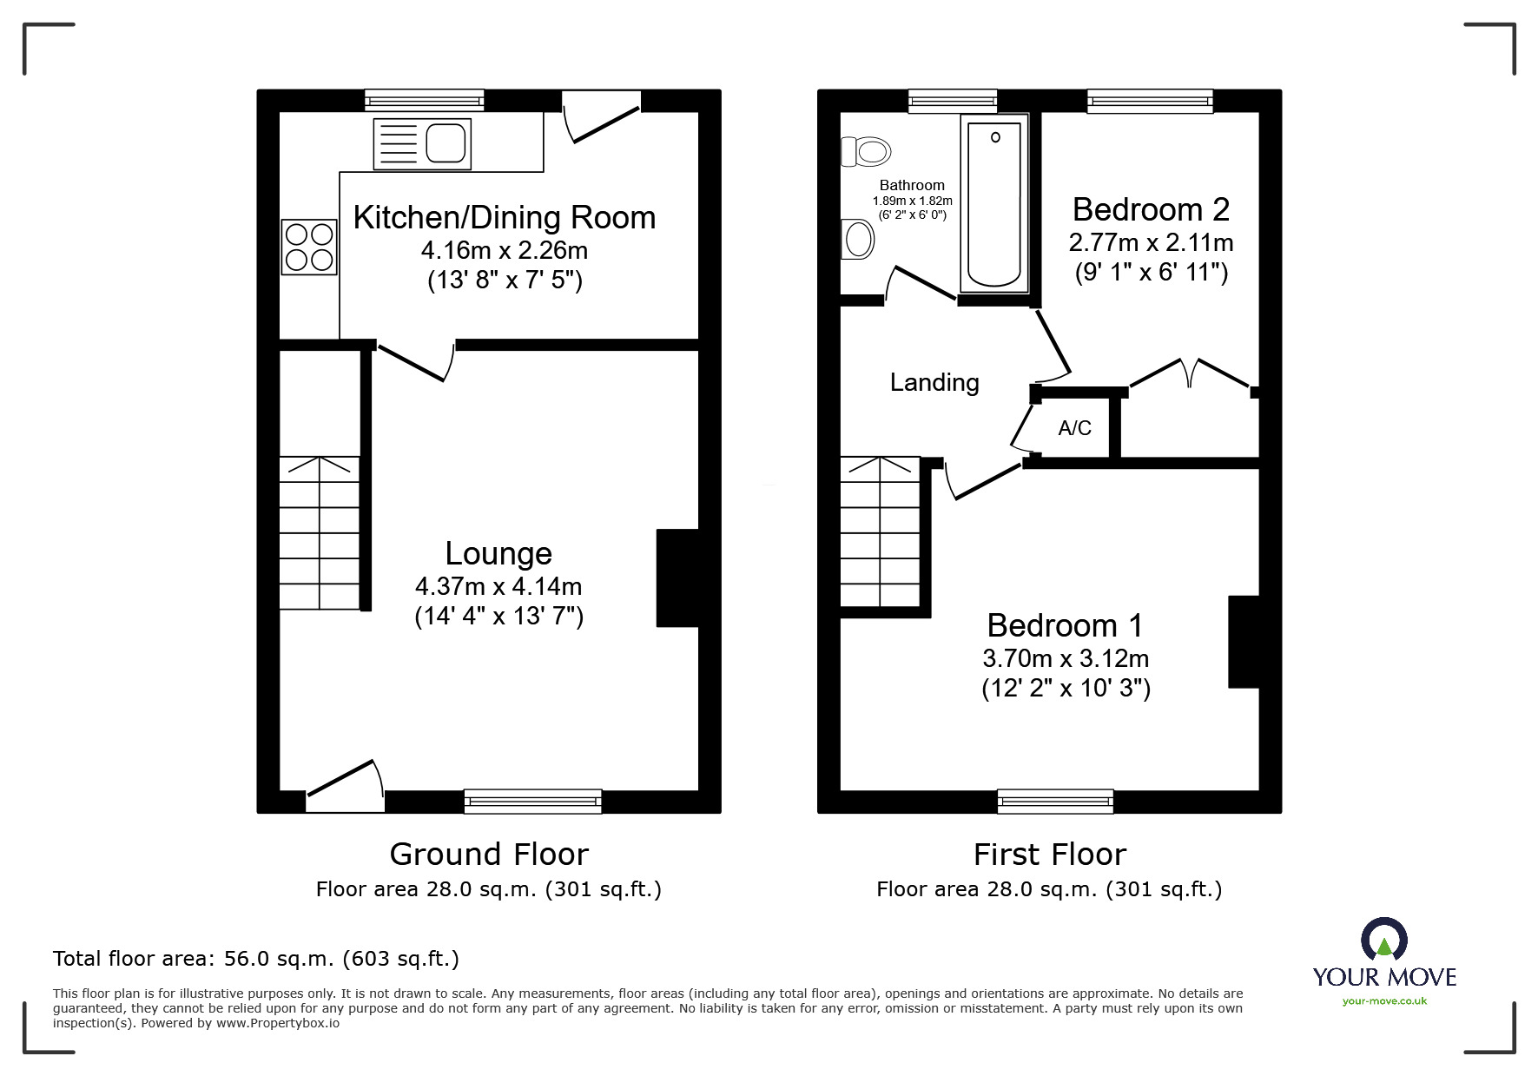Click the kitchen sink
point(422,144)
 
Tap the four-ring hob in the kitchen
point(309,248)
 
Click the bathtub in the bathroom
point(994,205)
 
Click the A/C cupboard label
point(1074,428)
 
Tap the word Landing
point(934,383)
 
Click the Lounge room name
point(498,553)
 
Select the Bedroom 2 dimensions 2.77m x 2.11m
point(1151,242)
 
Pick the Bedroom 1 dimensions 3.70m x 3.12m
point(1066,658)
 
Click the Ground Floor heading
point(489,855)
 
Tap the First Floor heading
point(1049,855)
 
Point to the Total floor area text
point(256,959)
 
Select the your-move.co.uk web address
point(1384,1001)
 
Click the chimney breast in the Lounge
point(677,578)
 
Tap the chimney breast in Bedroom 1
point(1244,642)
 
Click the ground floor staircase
point(320,532)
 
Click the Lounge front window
point(532,801)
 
